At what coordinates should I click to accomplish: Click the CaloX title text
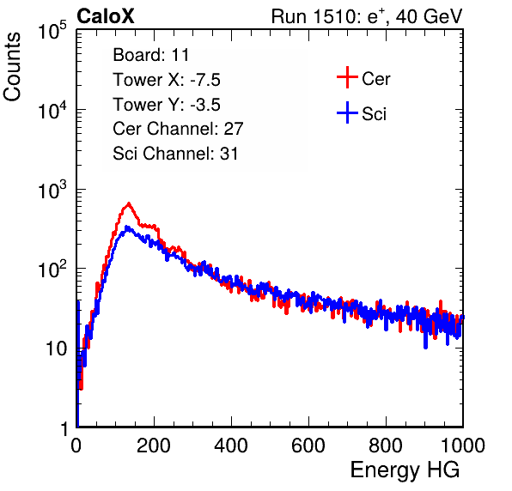106,16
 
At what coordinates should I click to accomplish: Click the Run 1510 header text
367,16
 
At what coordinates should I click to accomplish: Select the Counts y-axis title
12,67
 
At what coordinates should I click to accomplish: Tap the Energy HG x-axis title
405,470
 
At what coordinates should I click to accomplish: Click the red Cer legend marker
347,77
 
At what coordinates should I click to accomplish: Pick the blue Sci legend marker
347,112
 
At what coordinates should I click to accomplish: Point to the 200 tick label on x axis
154,446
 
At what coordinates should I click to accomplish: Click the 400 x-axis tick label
231,446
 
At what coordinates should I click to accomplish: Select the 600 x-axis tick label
308,446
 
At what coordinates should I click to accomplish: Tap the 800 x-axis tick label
386,446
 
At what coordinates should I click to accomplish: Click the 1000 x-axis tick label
463,446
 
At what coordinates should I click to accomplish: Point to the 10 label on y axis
56,349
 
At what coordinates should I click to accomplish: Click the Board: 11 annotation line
151,55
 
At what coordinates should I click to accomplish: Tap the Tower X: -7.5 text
167,80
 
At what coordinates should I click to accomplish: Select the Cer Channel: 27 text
178,129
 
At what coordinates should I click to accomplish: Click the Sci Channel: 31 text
175,154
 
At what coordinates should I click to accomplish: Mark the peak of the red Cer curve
129,203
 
